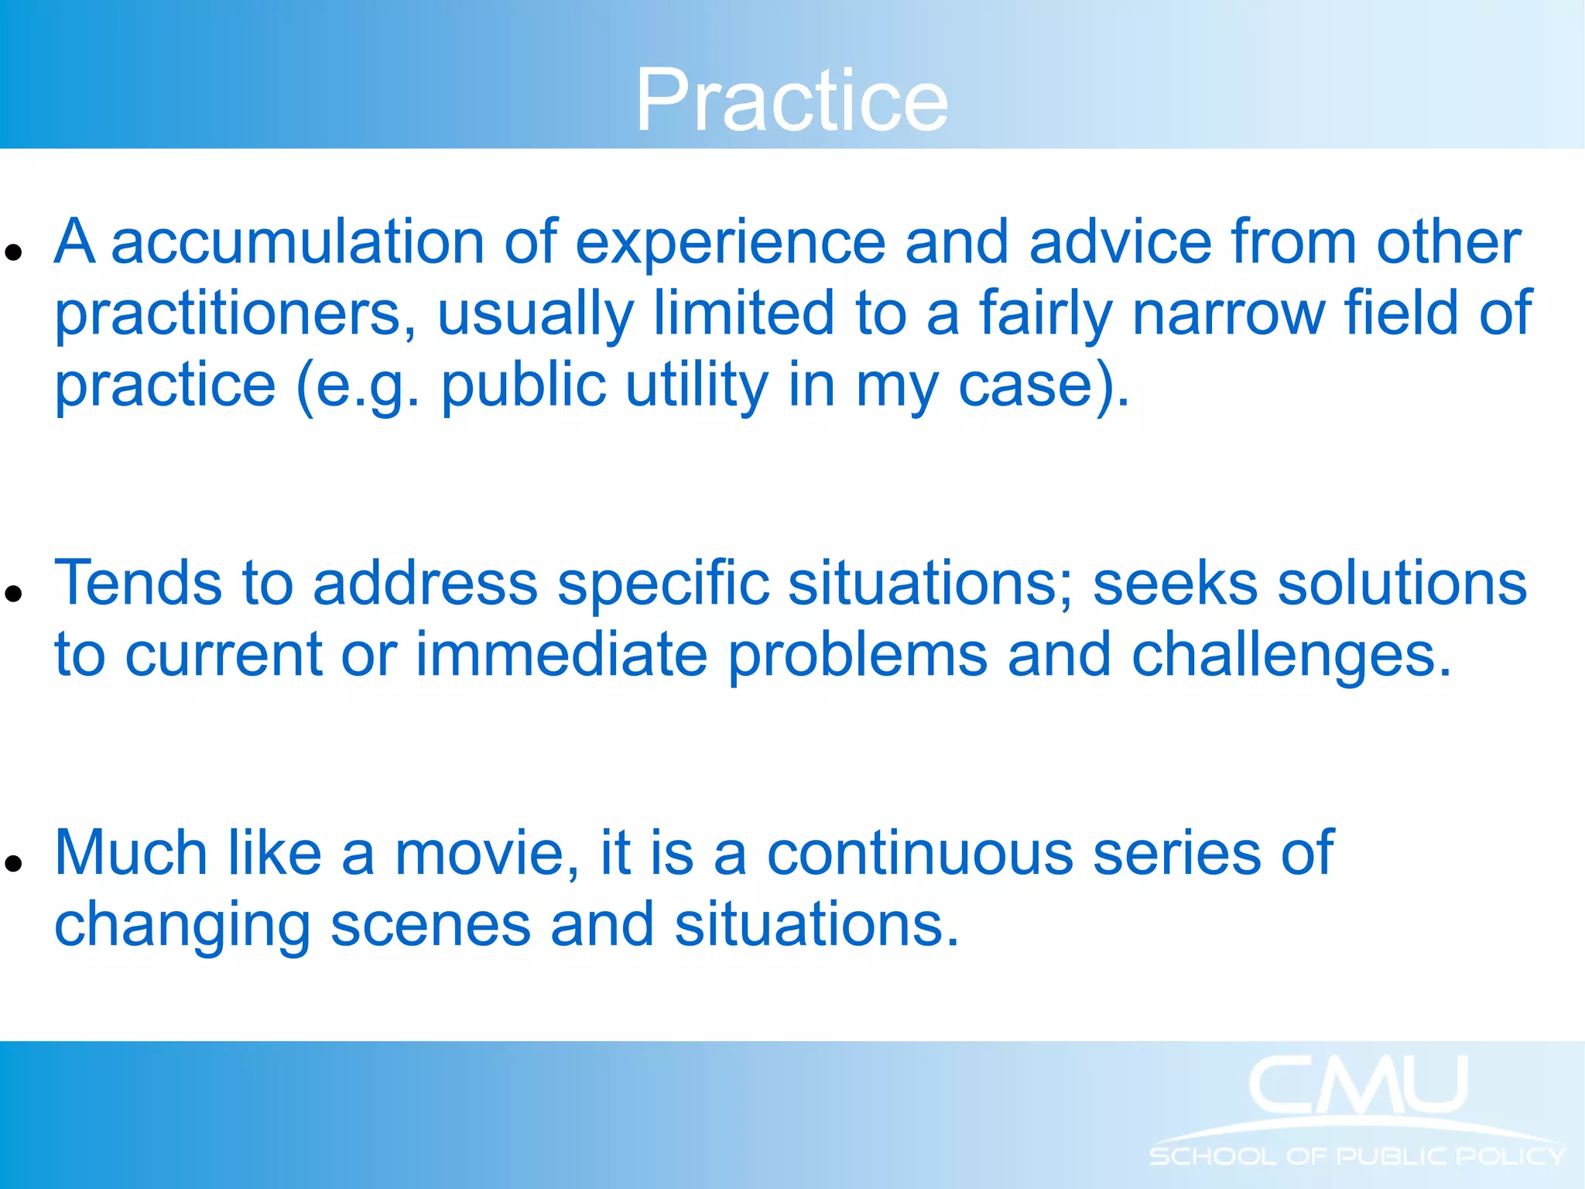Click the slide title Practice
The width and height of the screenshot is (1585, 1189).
(792, 101)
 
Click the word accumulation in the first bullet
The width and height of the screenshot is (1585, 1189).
(297, 242)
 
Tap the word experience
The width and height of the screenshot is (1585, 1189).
(730, 242)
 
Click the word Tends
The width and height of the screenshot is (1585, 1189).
(138, 583)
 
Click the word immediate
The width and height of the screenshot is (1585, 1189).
(561, 655)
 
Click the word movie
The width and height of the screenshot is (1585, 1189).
(486, 853)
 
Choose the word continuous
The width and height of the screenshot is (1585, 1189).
(920, 853)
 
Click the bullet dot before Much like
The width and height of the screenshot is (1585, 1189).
(12, 864)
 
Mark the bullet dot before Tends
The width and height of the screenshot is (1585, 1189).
(12, 594)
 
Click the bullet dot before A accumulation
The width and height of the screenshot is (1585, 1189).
(12, 252)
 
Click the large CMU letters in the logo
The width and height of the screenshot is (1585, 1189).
(1357, 1085)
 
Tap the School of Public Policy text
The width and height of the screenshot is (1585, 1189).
(1357, 1156)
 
